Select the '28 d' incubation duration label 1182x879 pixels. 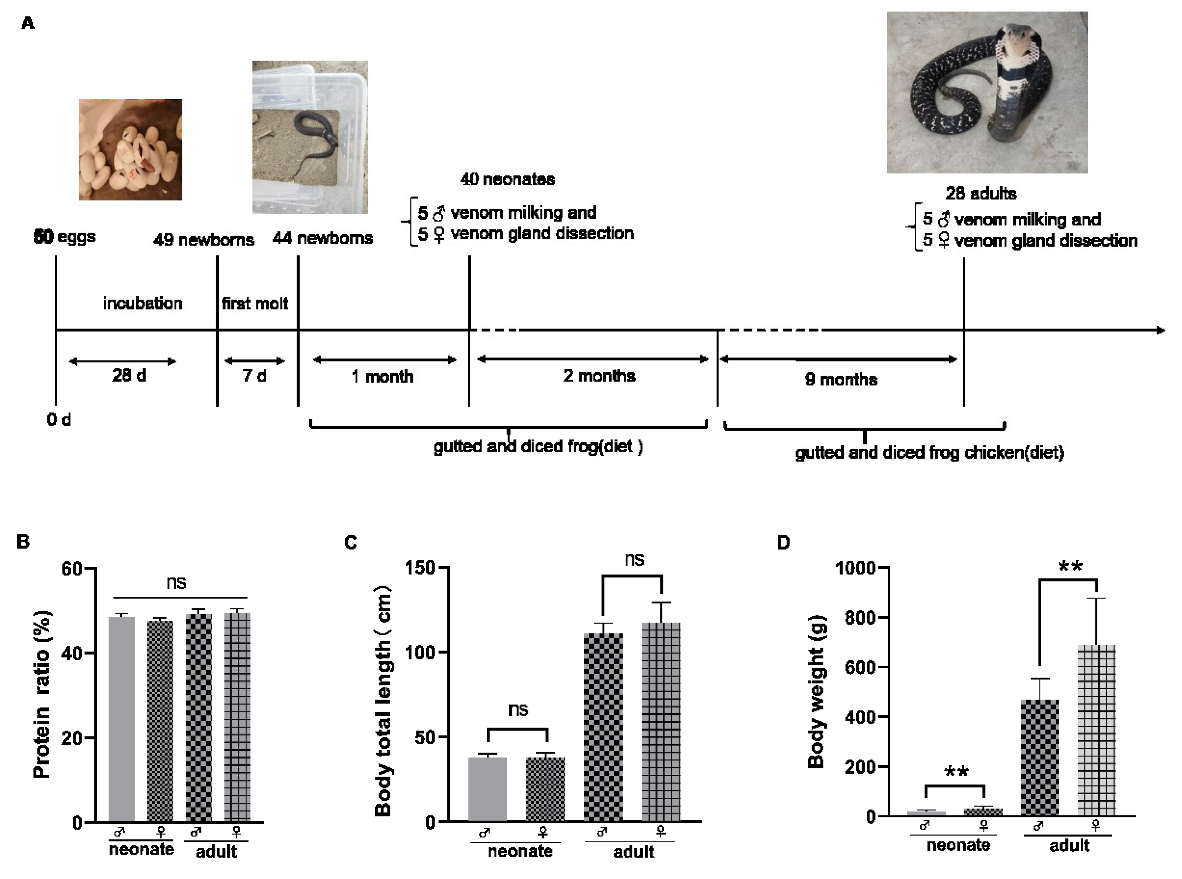128,376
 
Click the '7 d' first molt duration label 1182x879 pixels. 254,376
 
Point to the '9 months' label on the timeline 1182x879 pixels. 841,379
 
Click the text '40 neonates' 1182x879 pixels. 507,179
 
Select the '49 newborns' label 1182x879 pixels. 203,240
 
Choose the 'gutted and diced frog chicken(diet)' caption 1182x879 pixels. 929,453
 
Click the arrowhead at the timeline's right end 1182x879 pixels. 1160,330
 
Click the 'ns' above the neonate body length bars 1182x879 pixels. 518,710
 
